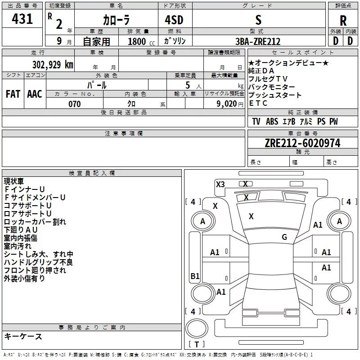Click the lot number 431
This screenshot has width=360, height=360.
click(22, 19)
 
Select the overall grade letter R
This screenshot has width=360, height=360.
click(343, 21)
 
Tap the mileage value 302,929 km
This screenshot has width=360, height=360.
click(53, 65)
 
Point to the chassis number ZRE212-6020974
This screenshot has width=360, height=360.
click(302, 143)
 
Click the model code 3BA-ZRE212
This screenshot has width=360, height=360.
click(258, 41)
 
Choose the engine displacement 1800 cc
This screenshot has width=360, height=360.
click(141, 41)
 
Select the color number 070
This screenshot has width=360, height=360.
click(75, 104)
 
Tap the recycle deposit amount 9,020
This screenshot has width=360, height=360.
click(227, 104)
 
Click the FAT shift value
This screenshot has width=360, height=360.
click(13, 94)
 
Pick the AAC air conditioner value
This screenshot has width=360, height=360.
click(35, 94)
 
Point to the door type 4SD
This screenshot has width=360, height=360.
click(174, 20)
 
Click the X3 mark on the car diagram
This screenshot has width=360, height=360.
click(220, 184)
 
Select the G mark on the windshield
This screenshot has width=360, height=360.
click(284, 237)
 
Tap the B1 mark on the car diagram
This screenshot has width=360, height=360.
click(195, 276)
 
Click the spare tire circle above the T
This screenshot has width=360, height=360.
click(197, 328)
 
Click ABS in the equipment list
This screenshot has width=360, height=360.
click(272, 121)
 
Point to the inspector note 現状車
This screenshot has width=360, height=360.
click(13, 181)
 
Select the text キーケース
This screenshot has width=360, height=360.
click(23, 337)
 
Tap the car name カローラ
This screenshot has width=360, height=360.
click(116, 20)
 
